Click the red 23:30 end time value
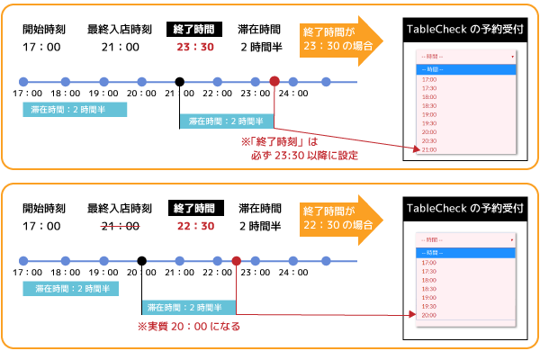195,47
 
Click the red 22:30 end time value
195,226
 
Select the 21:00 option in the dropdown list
429,149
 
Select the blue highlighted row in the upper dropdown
465,68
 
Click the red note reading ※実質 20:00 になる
188,327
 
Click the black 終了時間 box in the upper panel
195,30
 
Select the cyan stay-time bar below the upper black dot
225,121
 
